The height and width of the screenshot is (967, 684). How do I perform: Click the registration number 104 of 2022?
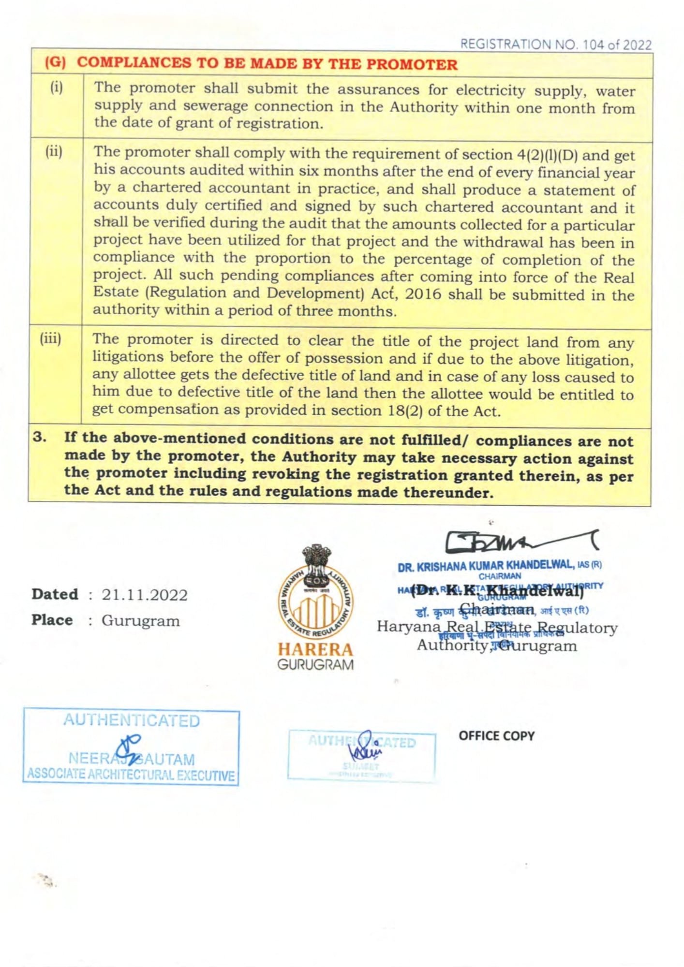[617, 45]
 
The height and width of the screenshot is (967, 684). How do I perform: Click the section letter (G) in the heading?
[55, 63]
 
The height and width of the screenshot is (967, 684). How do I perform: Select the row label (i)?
[57, 88]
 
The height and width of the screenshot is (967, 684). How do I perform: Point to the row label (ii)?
[54, 152]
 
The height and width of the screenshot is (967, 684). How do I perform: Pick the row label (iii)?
[51, 338]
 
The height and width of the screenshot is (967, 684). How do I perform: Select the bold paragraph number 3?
[40, 437]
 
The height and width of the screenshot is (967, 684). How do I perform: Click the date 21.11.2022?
[144, 595]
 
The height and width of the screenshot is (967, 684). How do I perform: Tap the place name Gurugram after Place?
[140, 621]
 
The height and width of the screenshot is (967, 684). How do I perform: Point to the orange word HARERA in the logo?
[315, 649]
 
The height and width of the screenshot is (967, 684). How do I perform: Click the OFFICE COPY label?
[496, 736]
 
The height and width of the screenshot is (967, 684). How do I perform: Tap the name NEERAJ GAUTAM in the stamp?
[132, 759]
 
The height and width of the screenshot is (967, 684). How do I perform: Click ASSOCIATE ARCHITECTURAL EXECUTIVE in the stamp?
[131, 775]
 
